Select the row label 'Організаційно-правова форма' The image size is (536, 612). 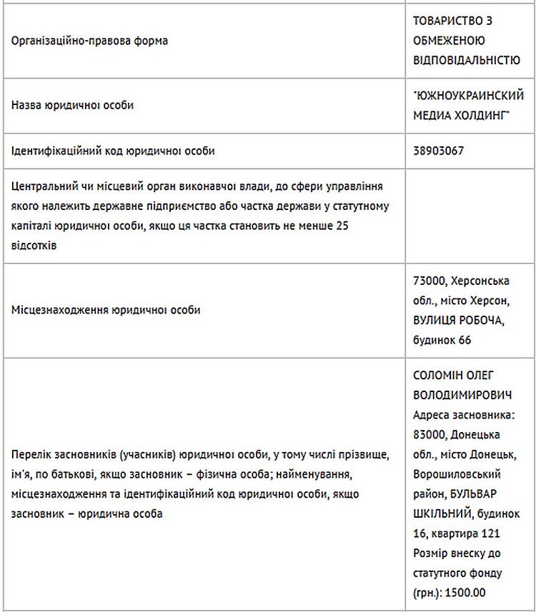90,41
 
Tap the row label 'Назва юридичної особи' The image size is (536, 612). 73,105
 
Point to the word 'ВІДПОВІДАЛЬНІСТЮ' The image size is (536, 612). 467,60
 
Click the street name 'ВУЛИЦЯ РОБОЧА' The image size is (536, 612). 459,320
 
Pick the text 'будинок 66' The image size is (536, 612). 442,340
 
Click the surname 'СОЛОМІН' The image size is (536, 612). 440,375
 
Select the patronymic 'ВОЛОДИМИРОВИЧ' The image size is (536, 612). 462,395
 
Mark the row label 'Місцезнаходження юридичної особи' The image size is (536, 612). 106,310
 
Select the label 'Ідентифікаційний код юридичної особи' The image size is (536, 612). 113,151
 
